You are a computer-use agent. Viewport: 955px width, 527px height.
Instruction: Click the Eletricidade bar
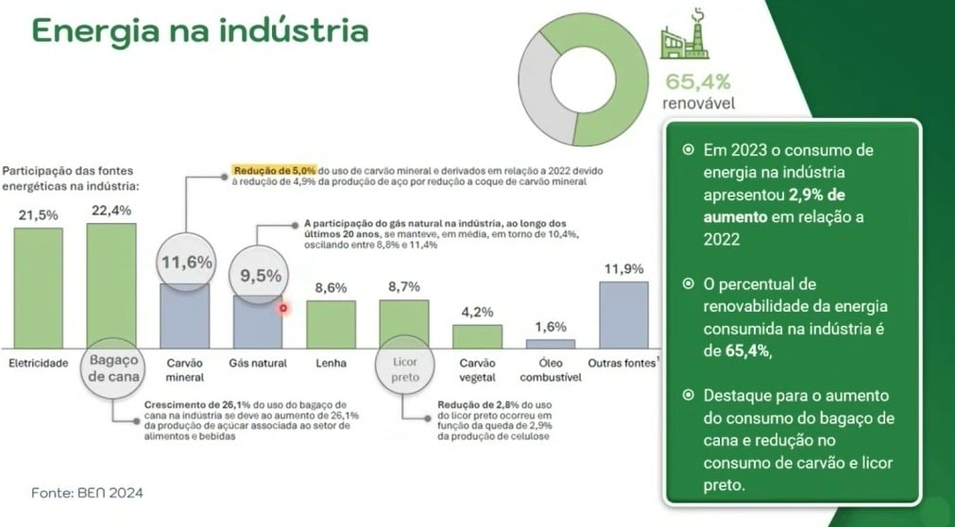39,287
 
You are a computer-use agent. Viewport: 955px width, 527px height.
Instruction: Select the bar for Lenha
331,324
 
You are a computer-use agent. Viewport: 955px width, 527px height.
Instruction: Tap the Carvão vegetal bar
478,336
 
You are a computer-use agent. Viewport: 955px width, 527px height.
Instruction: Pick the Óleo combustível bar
551,344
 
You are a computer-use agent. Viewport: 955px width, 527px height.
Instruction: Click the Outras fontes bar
623,314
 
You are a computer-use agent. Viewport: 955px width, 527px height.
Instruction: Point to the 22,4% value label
111,211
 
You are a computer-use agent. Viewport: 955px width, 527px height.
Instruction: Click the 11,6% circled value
187,263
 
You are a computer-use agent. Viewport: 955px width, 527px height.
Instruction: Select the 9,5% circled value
260,276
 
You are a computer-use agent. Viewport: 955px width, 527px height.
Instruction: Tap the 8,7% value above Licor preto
403,287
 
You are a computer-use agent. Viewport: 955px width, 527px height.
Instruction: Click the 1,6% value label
551,327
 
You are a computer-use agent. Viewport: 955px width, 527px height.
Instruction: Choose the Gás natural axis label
258,363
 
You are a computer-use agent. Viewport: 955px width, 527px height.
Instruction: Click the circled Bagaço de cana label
114,368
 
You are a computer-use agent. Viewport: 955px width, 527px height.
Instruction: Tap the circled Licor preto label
405,370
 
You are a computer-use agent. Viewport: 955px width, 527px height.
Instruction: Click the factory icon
685,34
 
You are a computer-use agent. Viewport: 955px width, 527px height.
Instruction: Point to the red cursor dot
282,309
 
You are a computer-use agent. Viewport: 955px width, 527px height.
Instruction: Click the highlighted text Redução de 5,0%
274,171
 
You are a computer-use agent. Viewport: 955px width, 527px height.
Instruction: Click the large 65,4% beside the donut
698,81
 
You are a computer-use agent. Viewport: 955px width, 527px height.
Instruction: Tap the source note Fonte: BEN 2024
87,492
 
